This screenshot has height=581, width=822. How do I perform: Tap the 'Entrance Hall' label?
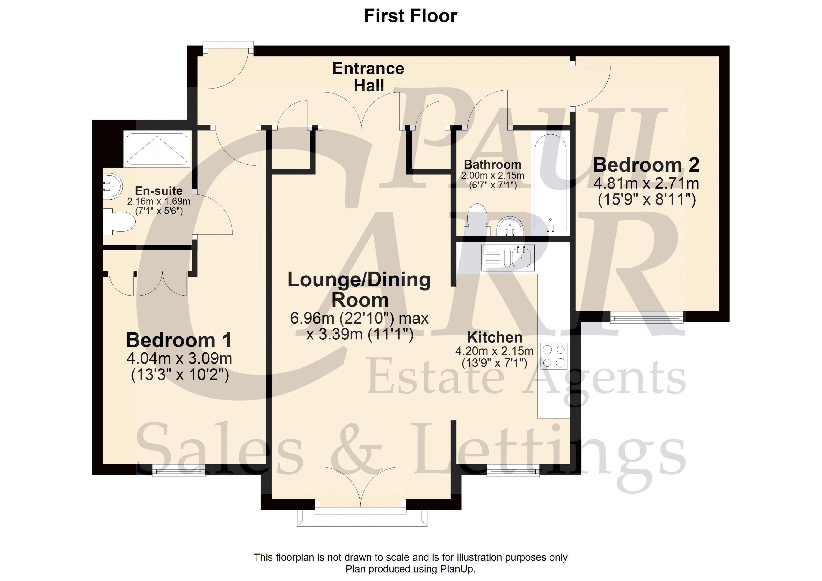[368, 77]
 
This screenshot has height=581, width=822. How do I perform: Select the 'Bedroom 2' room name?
[646, 165]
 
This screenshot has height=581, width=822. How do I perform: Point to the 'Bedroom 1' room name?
[179, 340]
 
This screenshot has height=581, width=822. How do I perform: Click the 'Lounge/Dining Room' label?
[359, 290]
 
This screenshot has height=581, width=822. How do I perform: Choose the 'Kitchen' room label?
[495, 337]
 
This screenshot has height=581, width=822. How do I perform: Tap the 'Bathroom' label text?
[493, 165]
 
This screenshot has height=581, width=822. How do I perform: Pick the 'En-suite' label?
[159, 191]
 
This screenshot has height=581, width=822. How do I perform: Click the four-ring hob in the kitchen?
[554, 356]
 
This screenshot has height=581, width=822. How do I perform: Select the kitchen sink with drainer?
[508, 257]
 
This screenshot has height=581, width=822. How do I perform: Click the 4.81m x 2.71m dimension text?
[646, 183]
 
